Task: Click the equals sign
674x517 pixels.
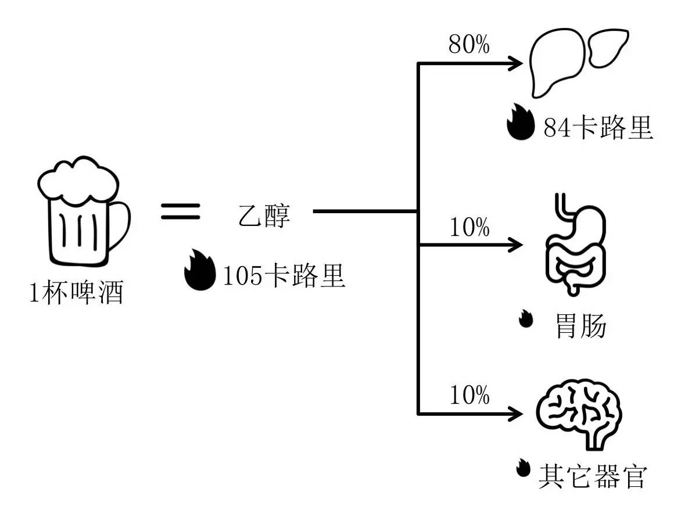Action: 180,211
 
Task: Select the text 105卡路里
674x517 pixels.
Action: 285,275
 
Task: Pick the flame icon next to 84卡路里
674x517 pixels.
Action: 519,122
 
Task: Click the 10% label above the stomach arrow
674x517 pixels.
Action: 469,228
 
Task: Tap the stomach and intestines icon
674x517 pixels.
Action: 575,244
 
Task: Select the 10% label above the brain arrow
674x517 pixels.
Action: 469,396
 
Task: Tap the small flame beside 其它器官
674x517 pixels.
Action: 524,468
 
